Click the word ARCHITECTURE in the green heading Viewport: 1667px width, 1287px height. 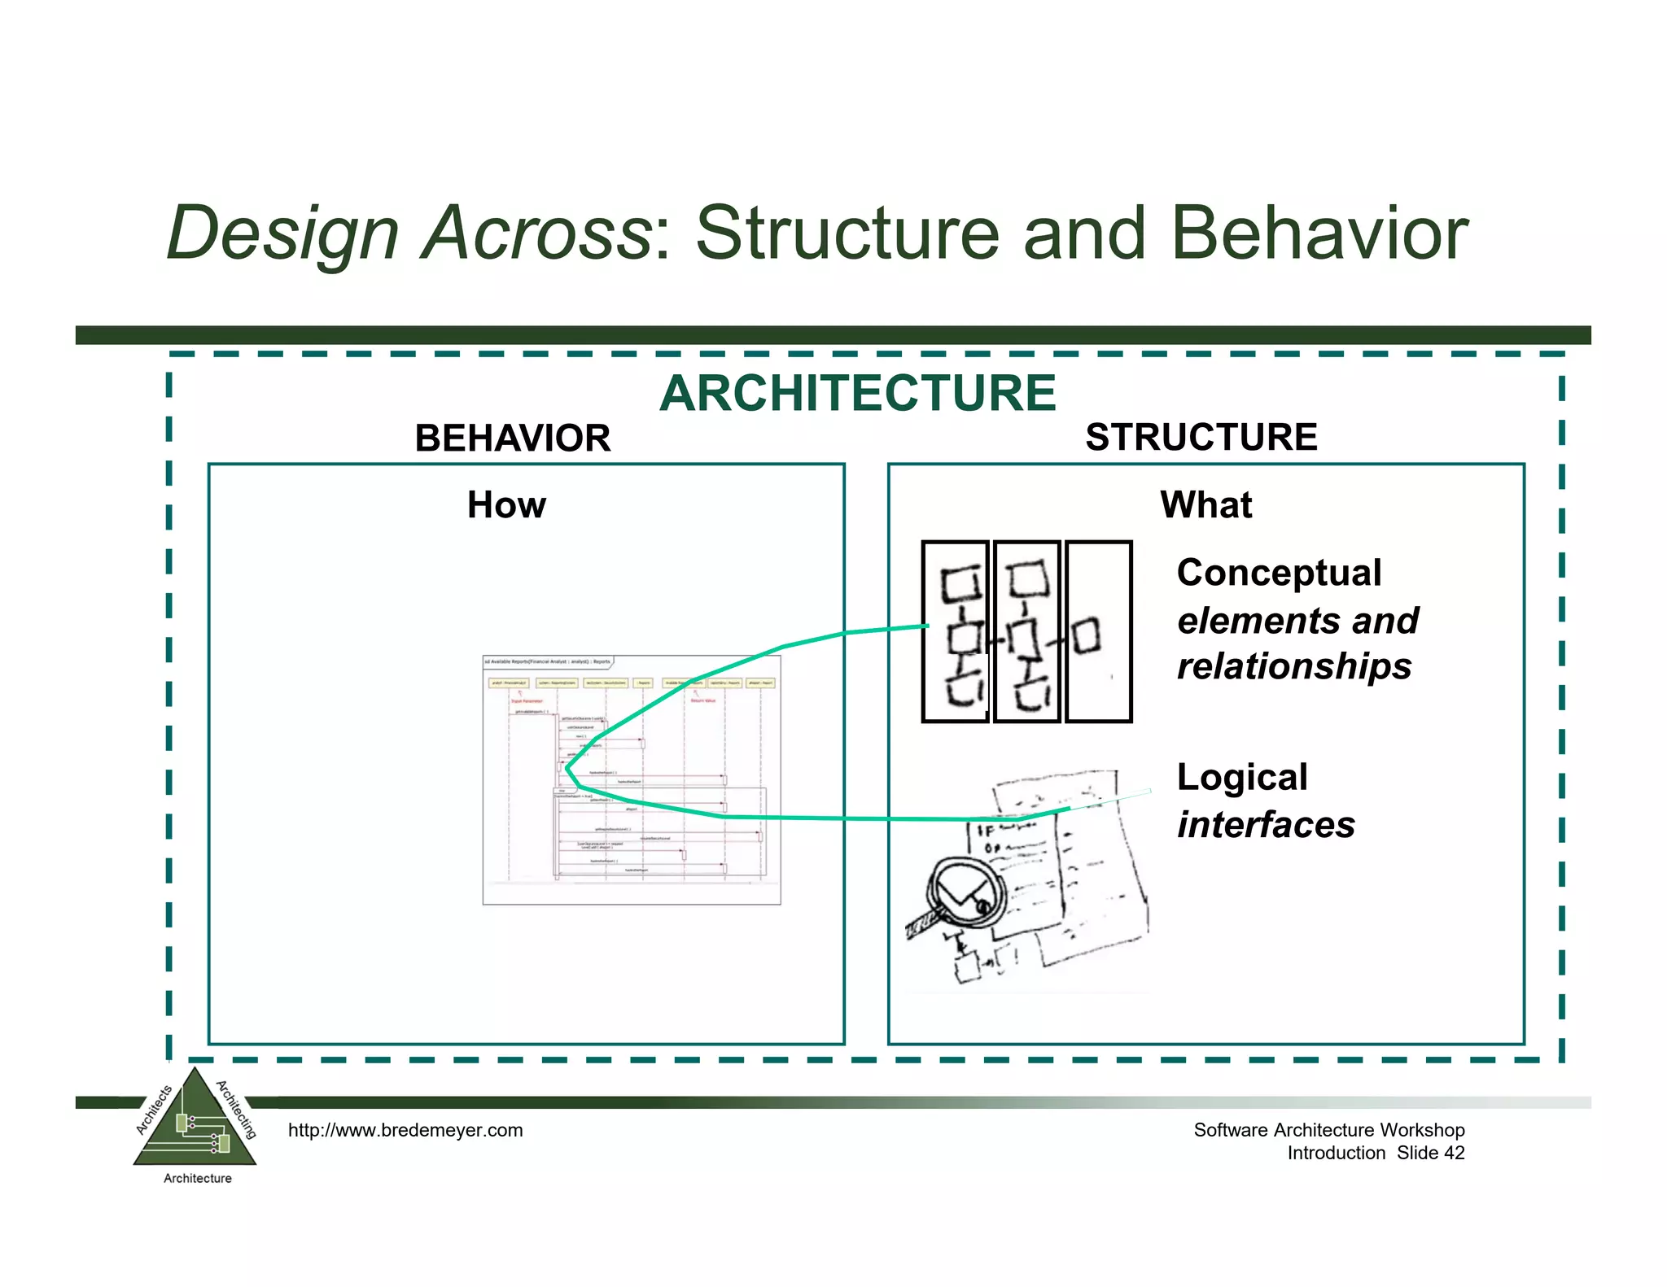pyautogui.click(x=857, y=394)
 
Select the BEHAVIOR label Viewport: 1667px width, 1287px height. pyautogui.click(x=512, y=438)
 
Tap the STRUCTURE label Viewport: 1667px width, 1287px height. pyautogui.click(x=1201, y=437)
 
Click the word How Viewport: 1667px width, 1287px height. pyautogui.click(x=506, y=505)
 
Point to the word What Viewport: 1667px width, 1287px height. pyautogui.click(x=1205, y=504)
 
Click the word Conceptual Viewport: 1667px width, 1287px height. pyautogui.click(x=1279, y=573)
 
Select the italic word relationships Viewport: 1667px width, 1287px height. pyautogui.click(x=1294, y=666)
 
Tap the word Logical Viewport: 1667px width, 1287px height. pyautogui.click(x=1242, y=777)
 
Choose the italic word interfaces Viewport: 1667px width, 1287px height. pyautogui.click(x=1266, y=825)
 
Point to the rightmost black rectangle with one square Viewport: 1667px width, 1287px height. pyautogui.click(x=1098, y=631)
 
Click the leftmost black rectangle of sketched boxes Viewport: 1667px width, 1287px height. pyautogui.click(x=956, y=631)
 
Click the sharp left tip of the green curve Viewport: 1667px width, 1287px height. pyautogui.click(x=567, y=767)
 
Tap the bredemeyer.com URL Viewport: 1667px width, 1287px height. pyautogui.click(x=405, y=1130)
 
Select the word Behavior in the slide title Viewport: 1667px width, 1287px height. pyautogui.click(x=1319, y=233)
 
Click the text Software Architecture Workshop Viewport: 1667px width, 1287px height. pyautogui.click(x=1328, y=1130)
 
